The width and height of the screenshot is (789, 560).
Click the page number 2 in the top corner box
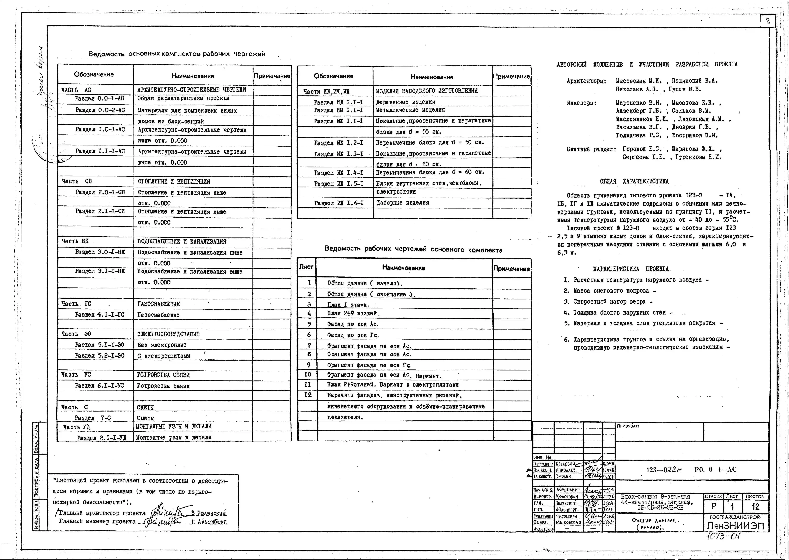pyautogui.click(x=768, y=21)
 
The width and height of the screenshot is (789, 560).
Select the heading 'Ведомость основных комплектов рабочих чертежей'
pyautogui.click(x=177, y=54)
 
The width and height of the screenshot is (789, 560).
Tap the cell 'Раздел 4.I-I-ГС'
pyautogui.click(x=100, y=315)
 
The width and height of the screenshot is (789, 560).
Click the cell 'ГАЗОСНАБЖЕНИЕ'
pyautogui.click(x=158, y=304)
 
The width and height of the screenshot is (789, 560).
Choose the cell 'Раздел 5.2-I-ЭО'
pyautogui.click(x=100, y=355)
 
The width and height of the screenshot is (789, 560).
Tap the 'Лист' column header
pyautogui.click(x=306, y=267)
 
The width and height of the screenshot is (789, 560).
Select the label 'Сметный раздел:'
pyautogui.click(x=591, y=149)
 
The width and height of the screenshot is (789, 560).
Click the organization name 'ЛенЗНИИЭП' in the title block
pyautogui.click(x=735, y=526)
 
